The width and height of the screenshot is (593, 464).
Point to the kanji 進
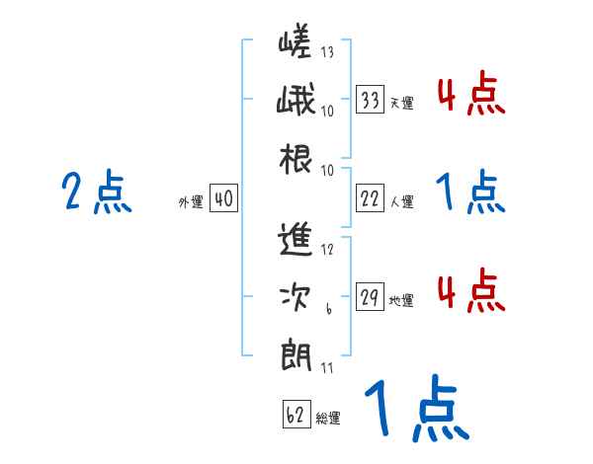pos(296,241)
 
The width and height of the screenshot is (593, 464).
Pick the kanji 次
pos(296,295)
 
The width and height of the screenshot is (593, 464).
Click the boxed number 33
pos(371,99)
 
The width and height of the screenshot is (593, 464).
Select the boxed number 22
pos(371,197)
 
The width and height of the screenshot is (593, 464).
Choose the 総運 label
pos(328,419)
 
